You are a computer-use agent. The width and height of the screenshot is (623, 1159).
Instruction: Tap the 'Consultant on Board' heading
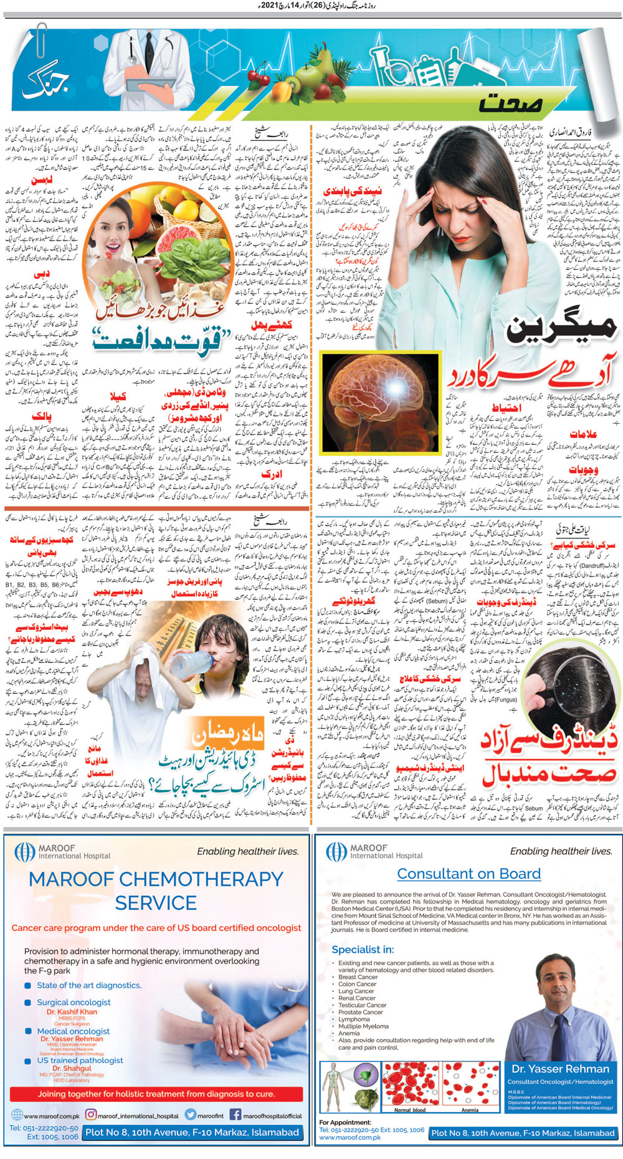(x=468, y=874)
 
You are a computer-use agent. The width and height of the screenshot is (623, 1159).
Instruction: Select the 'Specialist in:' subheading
(x=363, y=950)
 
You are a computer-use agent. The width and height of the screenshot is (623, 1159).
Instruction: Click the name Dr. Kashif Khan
(x=72, y=1012)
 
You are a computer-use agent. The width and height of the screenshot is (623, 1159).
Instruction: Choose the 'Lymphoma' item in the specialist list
(x=354, y=1019)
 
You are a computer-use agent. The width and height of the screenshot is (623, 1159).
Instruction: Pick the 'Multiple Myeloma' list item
(x=363, y=1026)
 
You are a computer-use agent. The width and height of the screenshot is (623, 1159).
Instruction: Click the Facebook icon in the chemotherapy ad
(x=235, y=1115)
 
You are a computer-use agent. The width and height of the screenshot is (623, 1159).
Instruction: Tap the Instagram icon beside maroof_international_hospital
(x=91, y=1115)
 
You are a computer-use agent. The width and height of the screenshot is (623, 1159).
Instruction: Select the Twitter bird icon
(x=191, y=1115)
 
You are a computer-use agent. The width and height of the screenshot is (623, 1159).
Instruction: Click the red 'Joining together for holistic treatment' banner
(x=156, y=1094)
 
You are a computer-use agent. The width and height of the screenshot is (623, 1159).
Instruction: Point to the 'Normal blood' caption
(x=410, y=1110)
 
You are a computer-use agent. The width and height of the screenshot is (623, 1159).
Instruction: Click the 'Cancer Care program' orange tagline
(x=156, y=928)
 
